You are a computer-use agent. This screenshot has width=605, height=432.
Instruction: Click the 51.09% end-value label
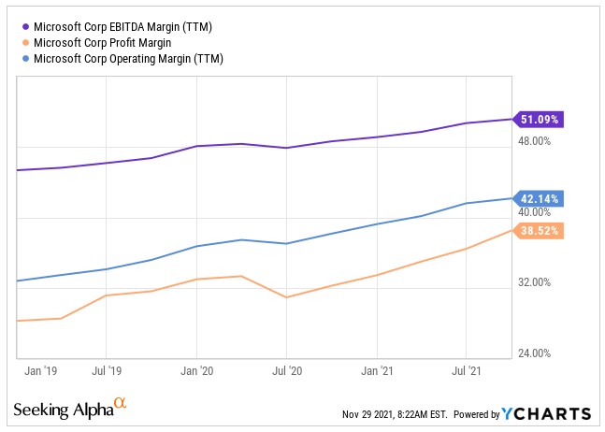pyautogui.click(x=540, y=120)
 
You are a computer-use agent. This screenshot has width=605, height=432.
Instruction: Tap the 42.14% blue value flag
pyautogui.click(x=540, y=198)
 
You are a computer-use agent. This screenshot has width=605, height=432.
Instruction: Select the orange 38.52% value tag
pyautogui.click(x=540, y=230)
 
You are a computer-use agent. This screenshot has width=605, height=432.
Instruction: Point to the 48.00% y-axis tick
pyautogui.click(x=535, y=141)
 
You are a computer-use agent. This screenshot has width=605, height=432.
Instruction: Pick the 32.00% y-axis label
pyautogui.click(x=535, y=282)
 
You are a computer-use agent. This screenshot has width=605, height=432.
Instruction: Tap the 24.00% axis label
pyautogui.click(x=535, y=353)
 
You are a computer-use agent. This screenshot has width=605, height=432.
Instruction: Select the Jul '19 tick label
pyautogui.click(x=107, y=370)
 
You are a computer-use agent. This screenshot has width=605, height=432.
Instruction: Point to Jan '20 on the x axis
pyautogui.click(x=196, y=370)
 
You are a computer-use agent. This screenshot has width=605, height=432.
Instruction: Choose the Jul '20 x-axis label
pyautogui.click(x=286, y=370)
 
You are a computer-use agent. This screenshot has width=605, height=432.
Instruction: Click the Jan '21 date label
pyautogui.click(x=376, y=370)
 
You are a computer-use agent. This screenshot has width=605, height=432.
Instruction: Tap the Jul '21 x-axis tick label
pyautogui.click(x=467, y=370)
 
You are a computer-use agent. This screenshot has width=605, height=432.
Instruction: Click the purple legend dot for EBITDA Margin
pyautogui.click(x=23, y=26)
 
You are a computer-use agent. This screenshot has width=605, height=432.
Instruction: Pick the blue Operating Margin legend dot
pyautogui.click(x=23, y=58)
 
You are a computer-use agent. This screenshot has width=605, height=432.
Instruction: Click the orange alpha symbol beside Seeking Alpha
pyautogui.click(x=119, y=404)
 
